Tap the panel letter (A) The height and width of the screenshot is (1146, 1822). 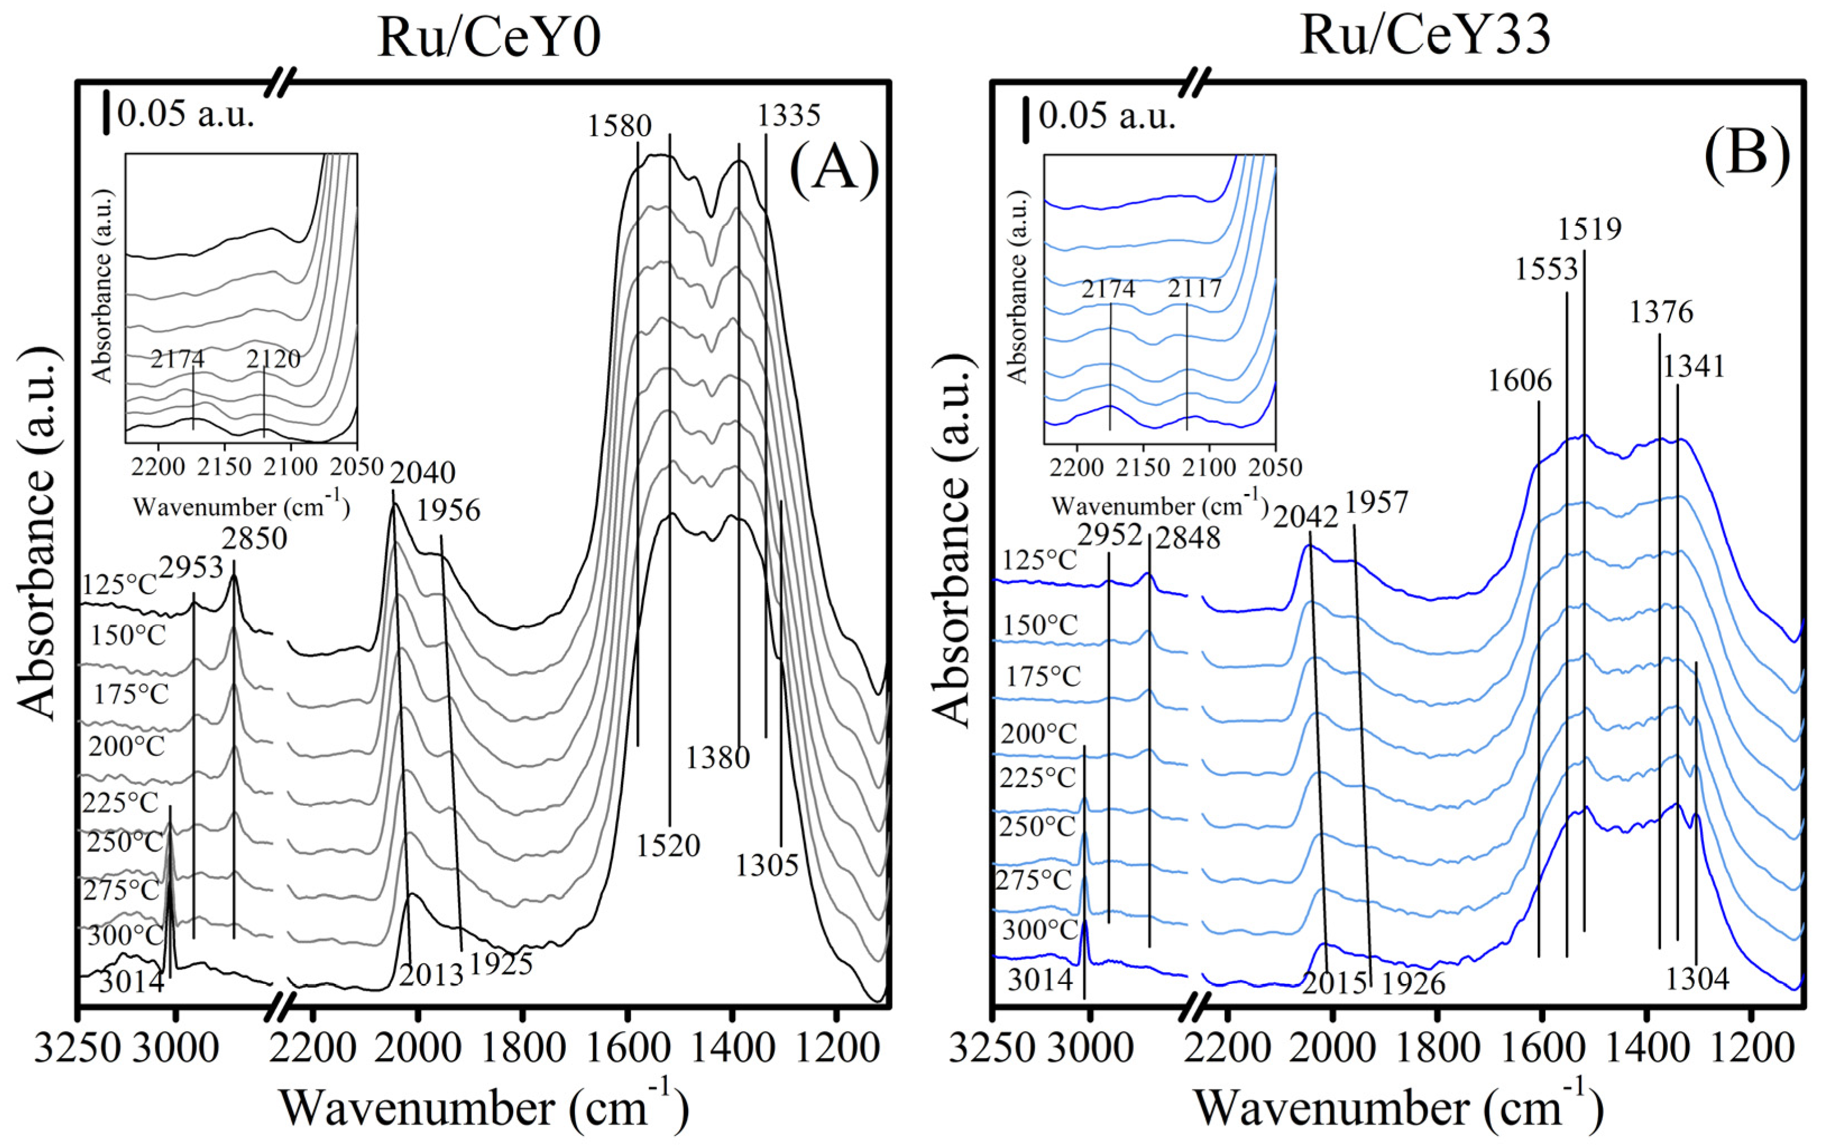[x=834, y=168]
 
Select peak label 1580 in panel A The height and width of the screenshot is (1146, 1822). [x=620, y=126]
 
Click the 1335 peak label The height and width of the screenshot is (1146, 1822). [x=789, y=115]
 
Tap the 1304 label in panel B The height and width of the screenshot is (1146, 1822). [x=1697, y=979]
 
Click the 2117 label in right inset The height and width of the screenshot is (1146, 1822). [x=1194, y=289]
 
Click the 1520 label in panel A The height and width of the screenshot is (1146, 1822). [x=667, y=845]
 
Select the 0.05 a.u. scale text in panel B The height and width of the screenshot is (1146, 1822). [x=1106, y=117]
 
